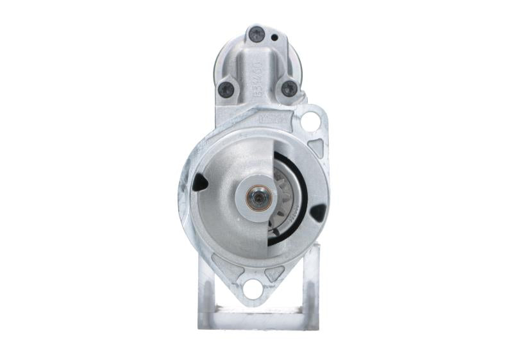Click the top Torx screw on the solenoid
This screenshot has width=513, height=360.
coord(256,35)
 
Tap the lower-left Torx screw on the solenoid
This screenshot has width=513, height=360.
coord(226,89)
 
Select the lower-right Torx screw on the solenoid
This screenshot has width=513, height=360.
coord(289,89)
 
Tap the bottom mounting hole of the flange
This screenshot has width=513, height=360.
coord(253,289)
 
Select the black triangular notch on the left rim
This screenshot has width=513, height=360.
coord(200,183)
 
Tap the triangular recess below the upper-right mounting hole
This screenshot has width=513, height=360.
coord(315,146)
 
